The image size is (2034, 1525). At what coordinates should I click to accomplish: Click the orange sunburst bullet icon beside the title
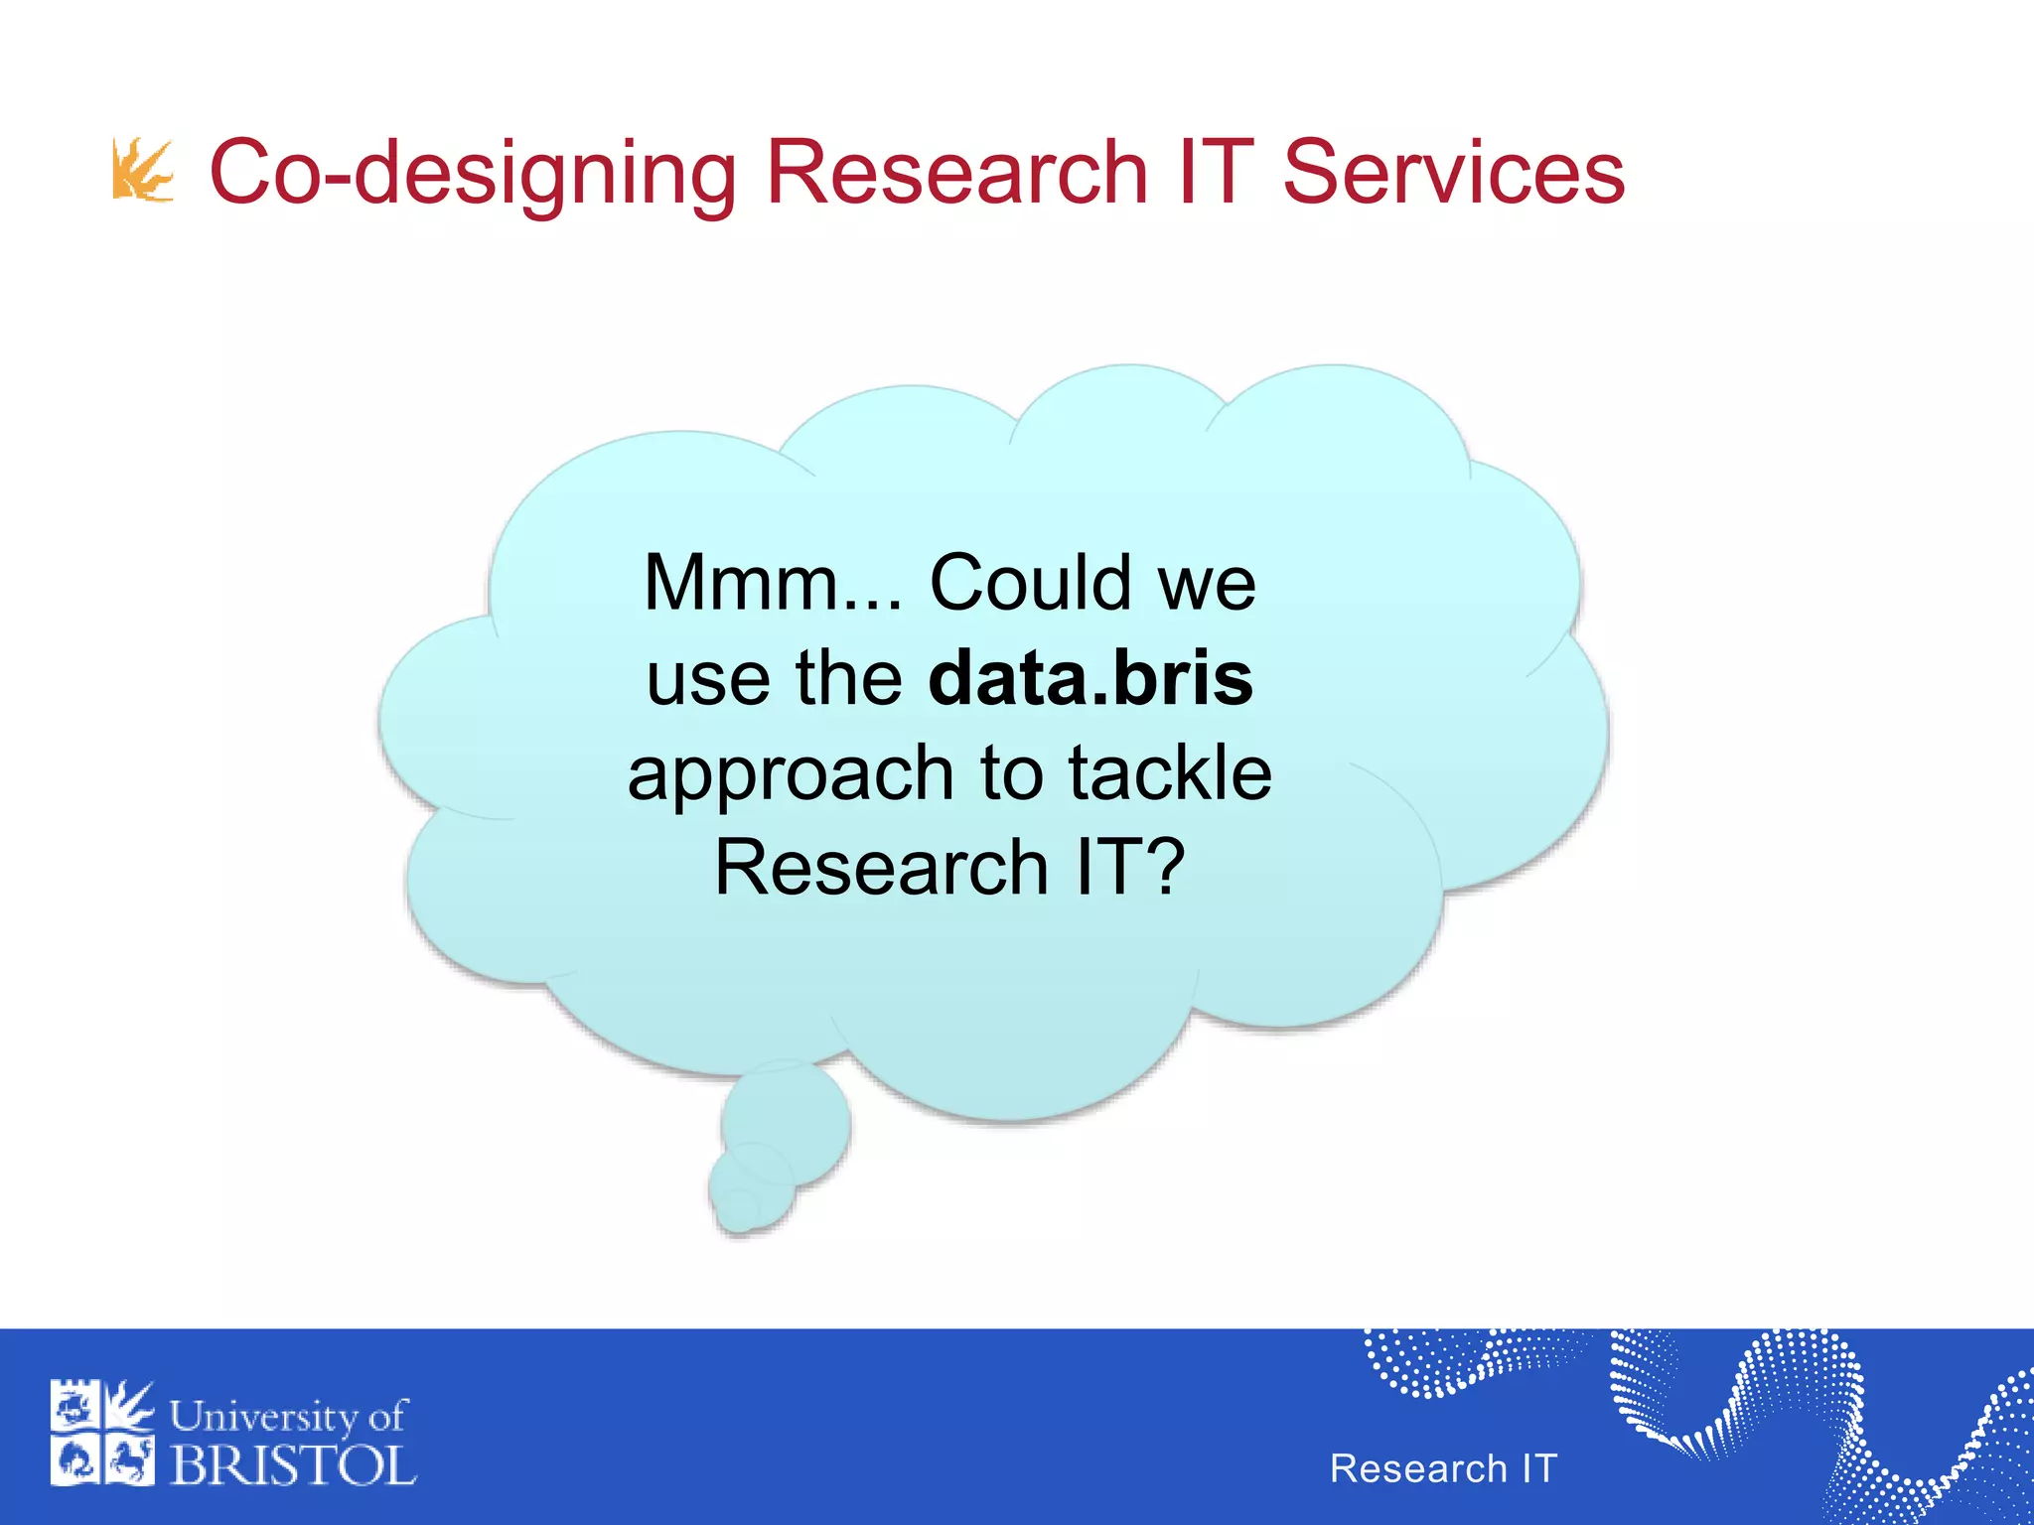(143, 171)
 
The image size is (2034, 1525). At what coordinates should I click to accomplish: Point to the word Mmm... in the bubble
(773, 583)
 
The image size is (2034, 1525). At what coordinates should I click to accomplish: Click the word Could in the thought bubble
(1030, 583)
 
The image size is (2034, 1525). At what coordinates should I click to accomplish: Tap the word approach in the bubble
(791, 775)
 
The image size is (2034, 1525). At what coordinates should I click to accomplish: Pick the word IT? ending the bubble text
(1131, 868)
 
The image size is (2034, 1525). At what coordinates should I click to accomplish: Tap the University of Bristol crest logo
(102, 1433)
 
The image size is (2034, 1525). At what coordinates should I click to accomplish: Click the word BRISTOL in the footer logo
(293, 1466)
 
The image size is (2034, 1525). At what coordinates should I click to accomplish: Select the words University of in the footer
(288, 1416)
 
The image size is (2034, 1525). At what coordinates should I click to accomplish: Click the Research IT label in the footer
(1443, 1468)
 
